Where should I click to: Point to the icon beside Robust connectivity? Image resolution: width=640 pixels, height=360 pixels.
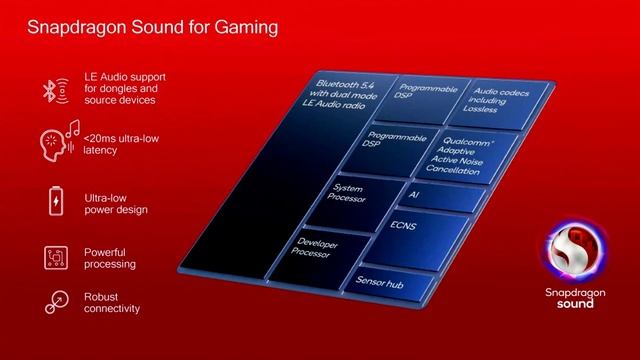(x=57, y=301)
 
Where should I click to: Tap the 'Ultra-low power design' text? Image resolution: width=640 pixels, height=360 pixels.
(x=116, y=203)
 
